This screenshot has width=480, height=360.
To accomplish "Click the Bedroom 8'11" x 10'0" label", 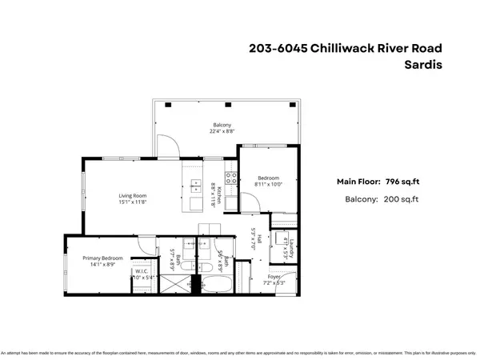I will click(x=269, y=178).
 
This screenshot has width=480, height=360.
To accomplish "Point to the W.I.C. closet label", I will click(x=141, y=271).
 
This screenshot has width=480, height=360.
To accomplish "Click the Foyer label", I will click(x=274, y=278).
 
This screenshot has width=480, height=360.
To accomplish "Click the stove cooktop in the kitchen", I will click(x=230, y=178).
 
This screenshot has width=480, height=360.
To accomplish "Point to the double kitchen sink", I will click(x=196, y=186).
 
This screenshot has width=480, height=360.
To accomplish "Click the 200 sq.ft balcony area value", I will click(x=402, y=199).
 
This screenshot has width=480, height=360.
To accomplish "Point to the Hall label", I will click(x=252, y=240).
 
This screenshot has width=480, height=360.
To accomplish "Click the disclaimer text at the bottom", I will click(x=240, y=353).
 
